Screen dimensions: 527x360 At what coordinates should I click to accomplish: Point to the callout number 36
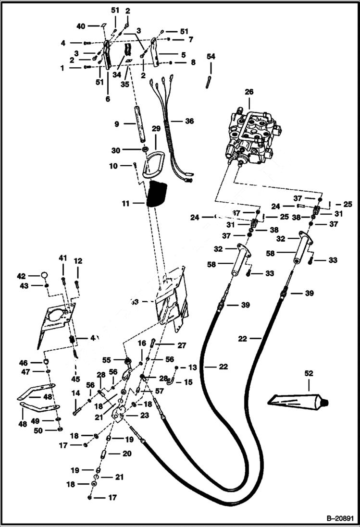coord(189,121)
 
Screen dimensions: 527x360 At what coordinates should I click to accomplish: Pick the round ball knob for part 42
coord(45,275)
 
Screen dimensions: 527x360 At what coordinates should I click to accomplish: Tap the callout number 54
coord(211,57)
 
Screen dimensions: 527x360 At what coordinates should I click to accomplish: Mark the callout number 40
coord(81,26)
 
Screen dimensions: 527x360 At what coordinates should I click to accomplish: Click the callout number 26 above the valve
coord(248,92)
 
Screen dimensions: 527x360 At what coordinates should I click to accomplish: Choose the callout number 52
coord(308,373)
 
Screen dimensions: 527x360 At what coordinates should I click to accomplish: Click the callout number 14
coord(75,392)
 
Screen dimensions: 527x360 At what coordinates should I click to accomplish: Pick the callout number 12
coord(78,261)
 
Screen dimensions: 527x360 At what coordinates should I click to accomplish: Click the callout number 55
coord(107,359)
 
